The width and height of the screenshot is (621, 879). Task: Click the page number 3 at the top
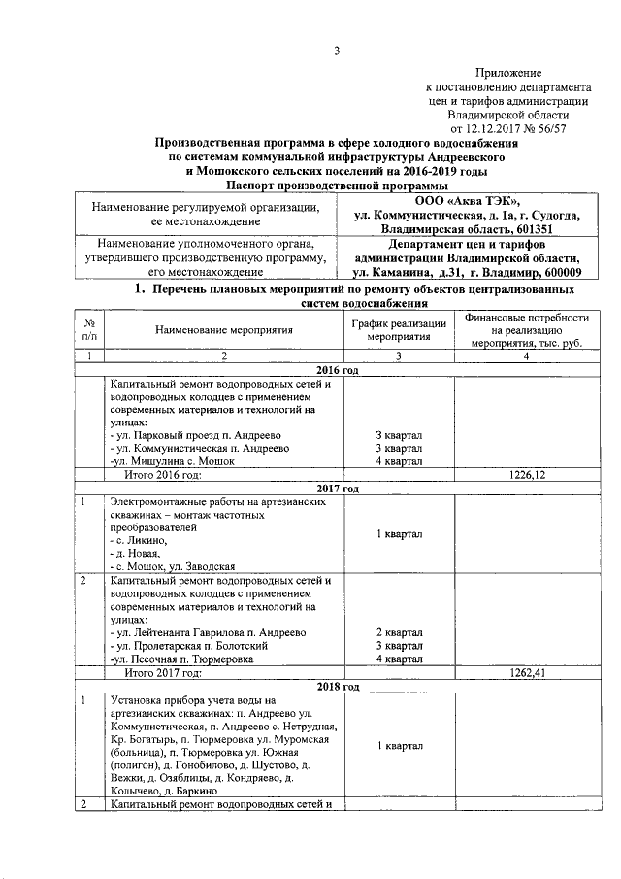coord(338,51)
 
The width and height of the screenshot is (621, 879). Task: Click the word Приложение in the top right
coord(508,73)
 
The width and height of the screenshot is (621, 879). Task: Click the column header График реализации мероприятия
coord(399,330)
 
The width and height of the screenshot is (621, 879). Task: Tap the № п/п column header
coord(89,330)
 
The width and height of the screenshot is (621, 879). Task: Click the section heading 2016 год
coord(338,372)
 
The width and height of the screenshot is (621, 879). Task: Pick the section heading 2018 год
coord(338,687)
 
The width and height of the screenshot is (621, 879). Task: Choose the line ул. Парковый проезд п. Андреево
coord(201,434)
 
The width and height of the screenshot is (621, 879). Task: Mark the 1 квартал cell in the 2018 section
coord(399,746)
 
